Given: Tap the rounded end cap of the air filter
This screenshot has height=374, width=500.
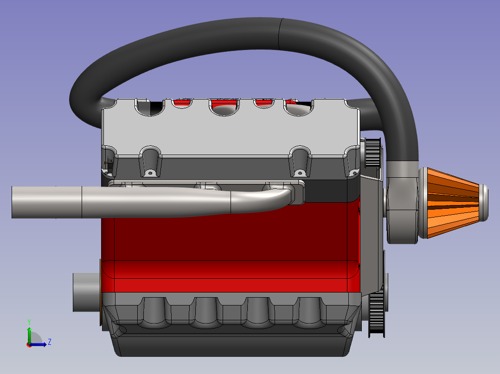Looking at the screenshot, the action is click(x=484, y=203).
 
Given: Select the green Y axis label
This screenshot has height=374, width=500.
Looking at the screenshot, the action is click(x=29, y=322).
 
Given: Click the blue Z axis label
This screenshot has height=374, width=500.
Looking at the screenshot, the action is click(x=50, y=342).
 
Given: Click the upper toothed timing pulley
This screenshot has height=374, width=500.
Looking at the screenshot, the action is click(x=373, y=152).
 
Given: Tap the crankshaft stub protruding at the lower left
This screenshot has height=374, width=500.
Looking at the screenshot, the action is click(x=87, y=292).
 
